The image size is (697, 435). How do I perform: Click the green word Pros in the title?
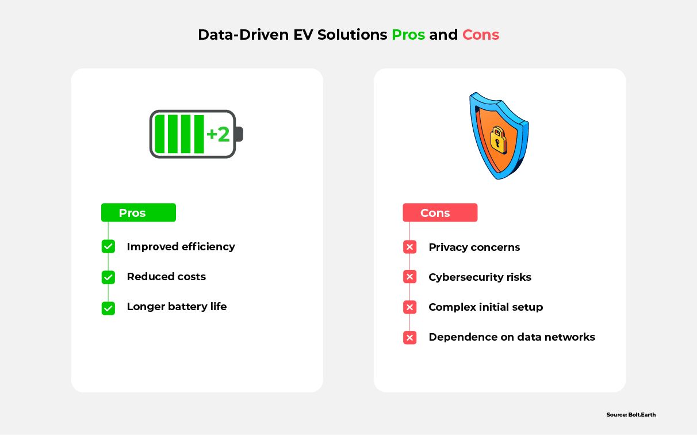[408, 35]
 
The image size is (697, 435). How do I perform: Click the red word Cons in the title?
[480, 35]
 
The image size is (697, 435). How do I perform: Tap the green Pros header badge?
[139, 213]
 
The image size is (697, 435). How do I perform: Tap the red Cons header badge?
[440, 213]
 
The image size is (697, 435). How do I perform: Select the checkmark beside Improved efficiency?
[108, 247]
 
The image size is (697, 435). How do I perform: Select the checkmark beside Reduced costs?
[108, 277]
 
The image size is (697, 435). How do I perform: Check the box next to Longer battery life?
[108, 308]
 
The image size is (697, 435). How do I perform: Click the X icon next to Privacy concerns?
[409, 247]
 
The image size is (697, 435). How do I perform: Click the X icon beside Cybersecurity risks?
[409, 277]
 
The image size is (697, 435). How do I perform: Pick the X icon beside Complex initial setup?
[409, 307]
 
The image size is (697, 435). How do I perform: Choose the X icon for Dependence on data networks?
[409, 338]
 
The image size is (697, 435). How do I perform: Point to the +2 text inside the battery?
[218, 134]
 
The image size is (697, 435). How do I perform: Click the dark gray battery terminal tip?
[239, 134]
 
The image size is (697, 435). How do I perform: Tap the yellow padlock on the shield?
[498, 140]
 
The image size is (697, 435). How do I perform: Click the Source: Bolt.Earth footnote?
[631, 414]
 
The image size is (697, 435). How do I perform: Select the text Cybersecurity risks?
[480, 277]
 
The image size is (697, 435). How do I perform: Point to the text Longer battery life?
[177, 307]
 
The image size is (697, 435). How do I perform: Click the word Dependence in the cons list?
[463, 337]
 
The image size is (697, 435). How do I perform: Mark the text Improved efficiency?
[181, 247]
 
